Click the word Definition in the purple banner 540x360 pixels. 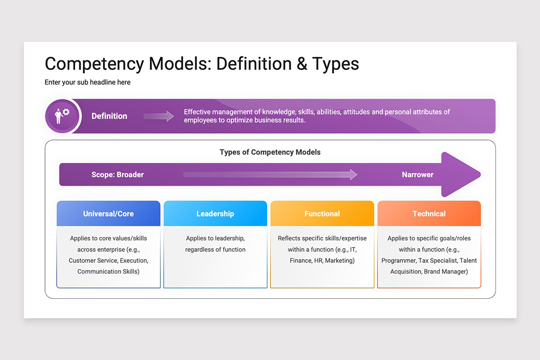(x=109, y=116)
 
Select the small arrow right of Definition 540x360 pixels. (x=158, y=116)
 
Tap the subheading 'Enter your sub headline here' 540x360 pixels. (x=87, y=82)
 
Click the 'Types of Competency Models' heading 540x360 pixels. (x=270, y=152)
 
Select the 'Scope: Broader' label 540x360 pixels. (x=117, y=175)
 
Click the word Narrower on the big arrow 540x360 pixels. (x=418, y=175)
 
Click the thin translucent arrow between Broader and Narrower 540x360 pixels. (x=270, y=175)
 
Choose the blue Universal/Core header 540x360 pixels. (x=108, y=214)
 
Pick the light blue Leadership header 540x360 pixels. (x=215, y=214)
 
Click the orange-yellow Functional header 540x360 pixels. (x=322, y=214)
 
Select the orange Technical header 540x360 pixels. (x=429, y=214)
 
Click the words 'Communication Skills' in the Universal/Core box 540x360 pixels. (x=108, y=271)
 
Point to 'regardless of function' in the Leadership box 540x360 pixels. (x=215, y=249)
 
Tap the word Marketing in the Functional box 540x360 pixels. (x=340, y=261)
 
